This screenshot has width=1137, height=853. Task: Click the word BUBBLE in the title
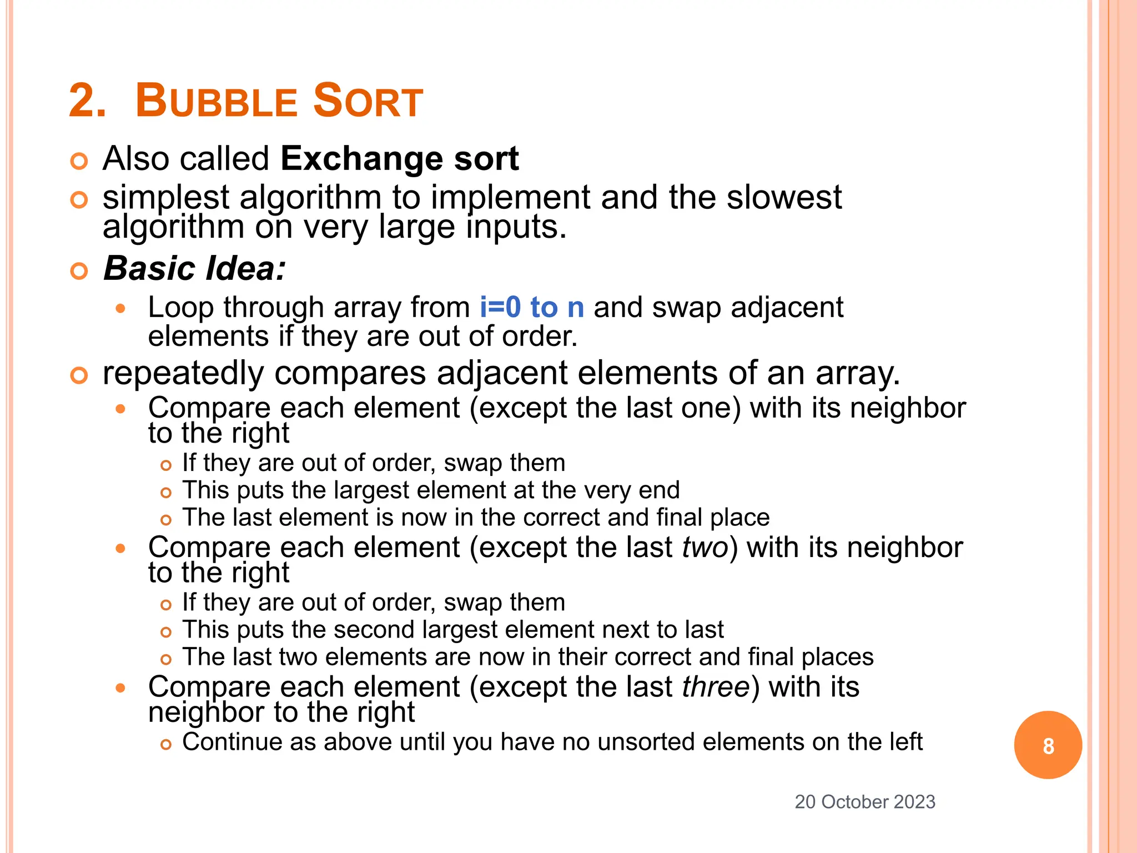[217, 102]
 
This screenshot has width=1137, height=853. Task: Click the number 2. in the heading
[87, 102]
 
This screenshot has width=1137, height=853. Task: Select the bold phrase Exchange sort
[399, 159]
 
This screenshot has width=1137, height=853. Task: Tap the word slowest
[784, 198]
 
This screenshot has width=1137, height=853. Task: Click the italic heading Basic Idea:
[194, 269]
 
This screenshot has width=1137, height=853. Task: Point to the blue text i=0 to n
[532, 308]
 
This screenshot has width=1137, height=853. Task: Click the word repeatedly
[183, 373]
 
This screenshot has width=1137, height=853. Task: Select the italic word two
[705, 548]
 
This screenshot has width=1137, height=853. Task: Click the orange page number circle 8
[1048, 745]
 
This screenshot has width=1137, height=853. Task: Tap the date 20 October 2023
[865, 802]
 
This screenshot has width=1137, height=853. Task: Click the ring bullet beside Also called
[79, 162]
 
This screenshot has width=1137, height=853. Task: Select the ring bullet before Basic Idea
[79, 272]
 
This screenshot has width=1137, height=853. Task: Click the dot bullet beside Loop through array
[121, 309]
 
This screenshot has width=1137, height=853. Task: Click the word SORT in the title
[368, 102]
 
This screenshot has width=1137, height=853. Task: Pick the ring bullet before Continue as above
[165, 745]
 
